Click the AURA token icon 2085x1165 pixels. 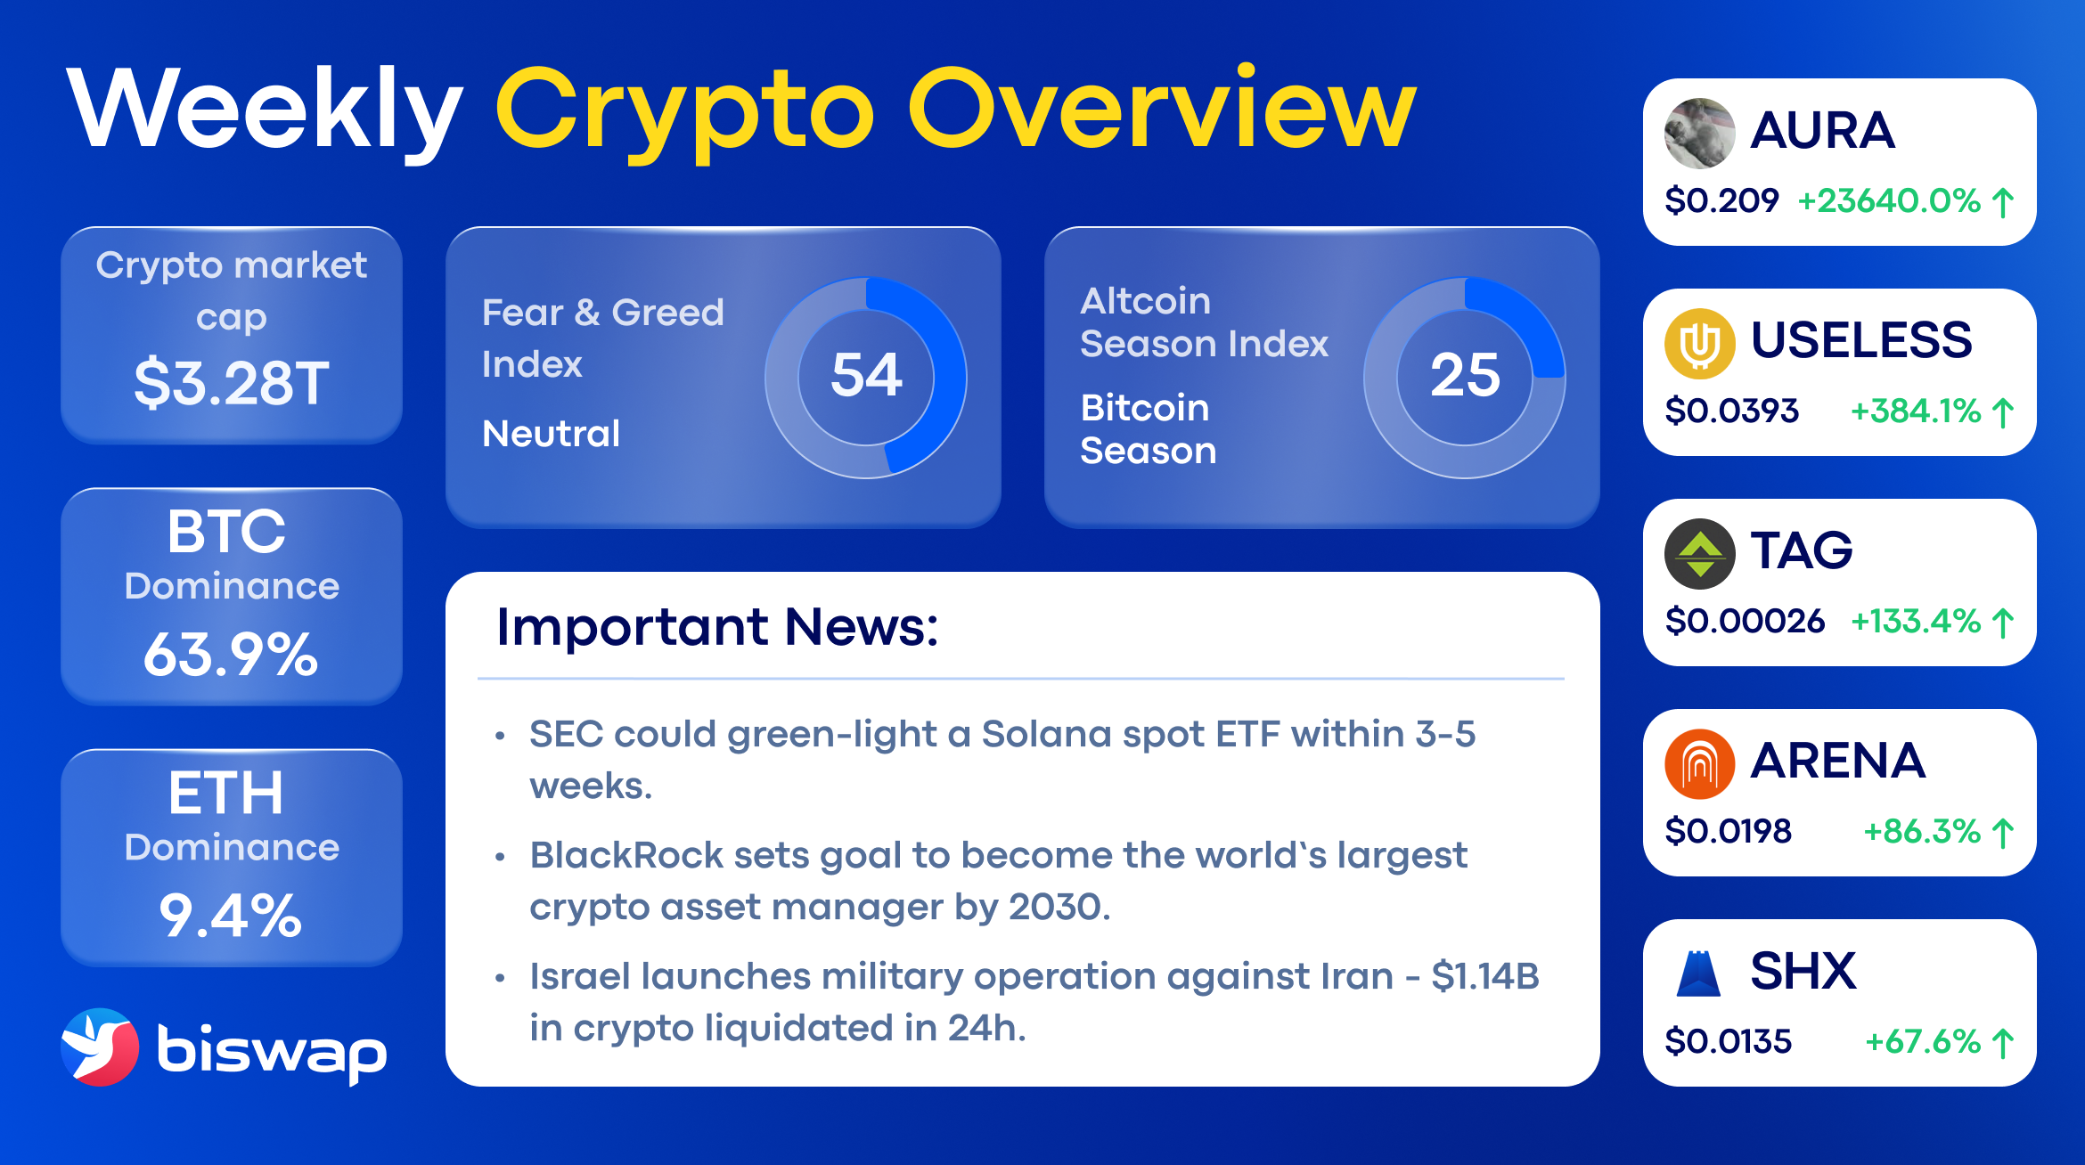(x=1699, y=134)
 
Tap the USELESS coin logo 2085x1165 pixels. (x=1699, y=344)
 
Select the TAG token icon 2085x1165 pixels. (x=1699, y=554)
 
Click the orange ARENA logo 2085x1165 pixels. (x=1699, y=764)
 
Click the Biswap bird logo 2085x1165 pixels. (x=100, y=1047)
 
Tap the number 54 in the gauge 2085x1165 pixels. (x=866, y=374)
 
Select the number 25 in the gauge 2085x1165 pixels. (x=1465, y=374)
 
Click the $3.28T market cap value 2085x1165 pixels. (x=232, y=383)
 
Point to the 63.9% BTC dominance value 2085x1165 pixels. (x=231, y=655)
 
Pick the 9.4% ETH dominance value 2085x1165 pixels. (x=231, y=916)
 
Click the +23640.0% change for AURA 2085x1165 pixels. (x=1889, y=201)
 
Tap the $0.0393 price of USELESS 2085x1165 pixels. (x=1731, y=411)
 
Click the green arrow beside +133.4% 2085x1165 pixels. (x=2003, y=623)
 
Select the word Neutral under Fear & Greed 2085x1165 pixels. (x=551, y=434)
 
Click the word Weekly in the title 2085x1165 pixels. (x=265, y=109)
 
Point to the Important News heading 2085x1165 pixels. (x=717, y=626)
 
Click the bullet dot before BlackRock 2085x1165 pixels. (x=500, y=857)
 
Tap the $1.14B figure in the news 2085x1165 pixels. (x=1485, y=976)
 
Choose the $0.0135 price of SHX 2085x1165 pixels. (x=1728, y=1041)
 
